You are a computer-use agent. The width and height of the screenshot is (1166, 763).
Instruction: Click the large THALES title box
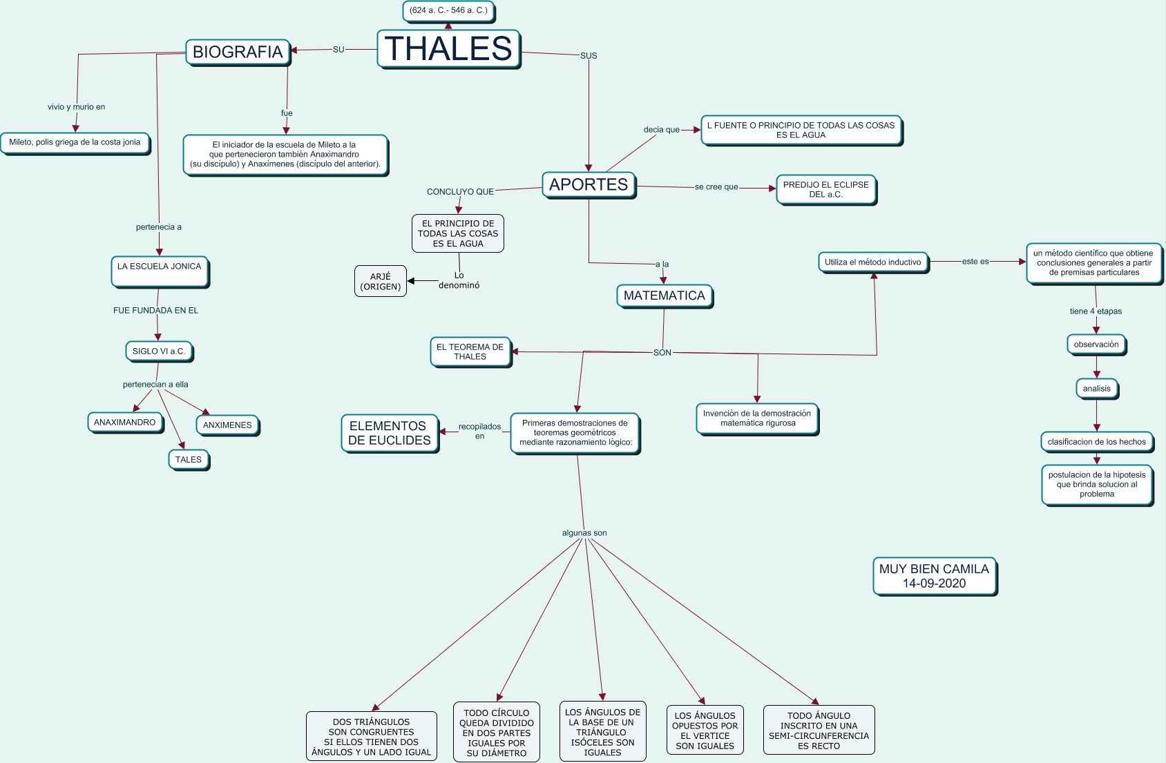click(x=449, y=49)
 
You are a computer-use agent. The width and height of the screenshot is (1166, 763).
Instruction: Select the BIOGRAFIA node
click(x=238, y=52)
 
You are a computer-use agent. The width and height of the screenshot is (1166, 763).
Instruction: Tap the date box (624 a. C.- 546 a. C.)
click(x=449, y=11)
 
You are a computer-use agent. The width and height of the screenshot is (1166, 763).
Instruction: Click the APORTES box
click(x=589, y=185)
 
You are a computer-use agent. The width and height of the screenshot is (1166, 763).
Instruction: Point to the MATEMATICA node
click(x=665, y=296)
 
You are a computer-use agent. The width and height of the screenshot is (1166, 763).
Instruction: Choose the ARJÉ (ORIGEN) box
click(x=381, y=282)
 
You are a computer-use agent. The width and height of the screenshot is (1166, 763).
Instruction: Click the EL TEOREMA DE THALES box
click(x=470, y=352)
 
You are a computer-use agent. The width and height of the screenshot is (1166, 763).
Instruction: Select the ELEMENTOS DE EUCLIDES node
click(x=390, y=434)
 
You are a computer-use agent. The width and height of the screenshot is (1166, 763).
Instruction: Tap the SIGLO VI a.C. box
click(x=160, y=351)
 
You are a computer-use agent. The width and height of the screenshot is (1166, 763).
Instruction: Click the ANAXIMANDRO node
click(x=125, y=423)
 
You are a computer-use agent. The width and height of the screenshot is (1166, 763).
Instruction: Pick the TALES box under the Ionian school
click(x=189, y=460)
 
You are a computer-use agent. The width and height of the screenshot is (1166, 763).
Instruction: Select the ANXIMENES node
click(x=227, y=425)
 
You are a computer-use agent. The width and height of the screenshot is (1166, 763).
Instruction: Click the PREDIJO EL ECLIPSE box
click(x=826, y=190)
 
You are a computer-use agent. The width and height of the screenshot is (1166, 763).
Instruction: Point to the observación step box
click(x=1096, y=345)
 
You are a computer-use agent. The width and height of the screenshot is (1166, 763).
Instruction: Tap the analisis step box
click(x=1097, y=389)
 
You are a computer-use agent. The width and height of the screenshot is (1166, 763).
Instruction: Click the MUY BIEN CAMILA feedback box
click(x=935, y=577)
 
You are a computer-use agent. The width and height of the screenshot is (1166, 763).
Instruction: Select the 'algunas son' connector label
click(x=584, y=533)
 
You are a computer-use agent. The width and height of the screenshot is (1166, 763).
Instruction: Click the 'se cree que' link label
click(x=716, y=187)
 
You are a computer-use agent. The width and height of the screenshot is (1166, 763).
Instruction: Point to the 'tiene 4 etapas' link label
click(x=1096, y=311)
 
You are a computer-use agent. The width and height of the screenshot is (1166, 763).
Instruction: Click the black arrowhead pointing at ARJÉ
click(x=411, y=281)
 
